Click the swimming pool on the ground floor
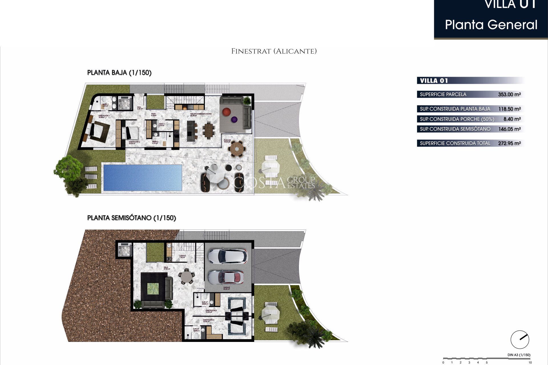pos(143,178)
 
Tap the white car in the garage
pos(227,256)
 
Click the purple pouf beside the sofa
pos(234,119)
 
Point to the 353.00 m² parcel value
pos(509,94)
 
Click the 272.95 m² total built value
pos(509,143)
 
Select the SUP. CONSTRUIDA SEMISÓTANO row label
pos(455,129)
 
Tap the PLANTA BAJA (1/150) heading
pos(119,73)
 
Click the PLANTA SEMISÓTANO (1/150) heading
pos(132,218)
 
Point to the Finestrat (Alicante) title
pos(274,51)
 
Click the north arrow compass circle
pos(520,340)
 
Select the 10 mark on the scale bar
pos(530,362)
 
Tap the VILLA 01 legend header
pos(434,81)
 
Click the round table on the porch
pos(237,148)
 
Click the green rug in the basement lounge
pos(153,289)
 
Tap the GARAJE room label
pos(226,288)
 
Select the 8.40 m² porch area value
pos(512,119)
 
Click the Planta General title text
pos(491,25)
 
